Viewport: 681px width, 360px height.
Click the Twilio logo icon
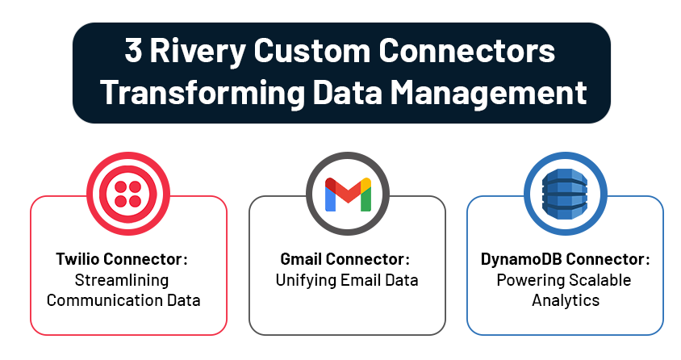[128, 194]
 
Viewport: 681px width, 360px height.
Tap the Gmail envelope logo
[348, 194]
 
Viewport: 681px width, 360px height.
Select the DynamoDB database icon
[565, 194]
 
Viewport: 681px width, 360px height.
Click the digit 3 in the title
[134, 50]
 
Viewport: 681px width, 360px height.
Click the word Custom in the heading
[311, 50]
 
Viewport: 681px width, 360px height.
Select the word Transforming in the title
[203, 93]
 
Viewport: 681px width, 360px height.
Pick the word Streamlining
[122, 280]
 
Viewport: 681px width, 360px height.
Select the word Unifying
[305, 281]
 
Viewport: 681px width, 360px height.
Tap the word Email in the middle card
[358, 280]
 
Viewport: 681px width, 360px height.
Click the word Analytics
[566, 300]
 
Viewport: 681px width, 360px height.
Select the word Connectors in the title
[466, 50]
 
